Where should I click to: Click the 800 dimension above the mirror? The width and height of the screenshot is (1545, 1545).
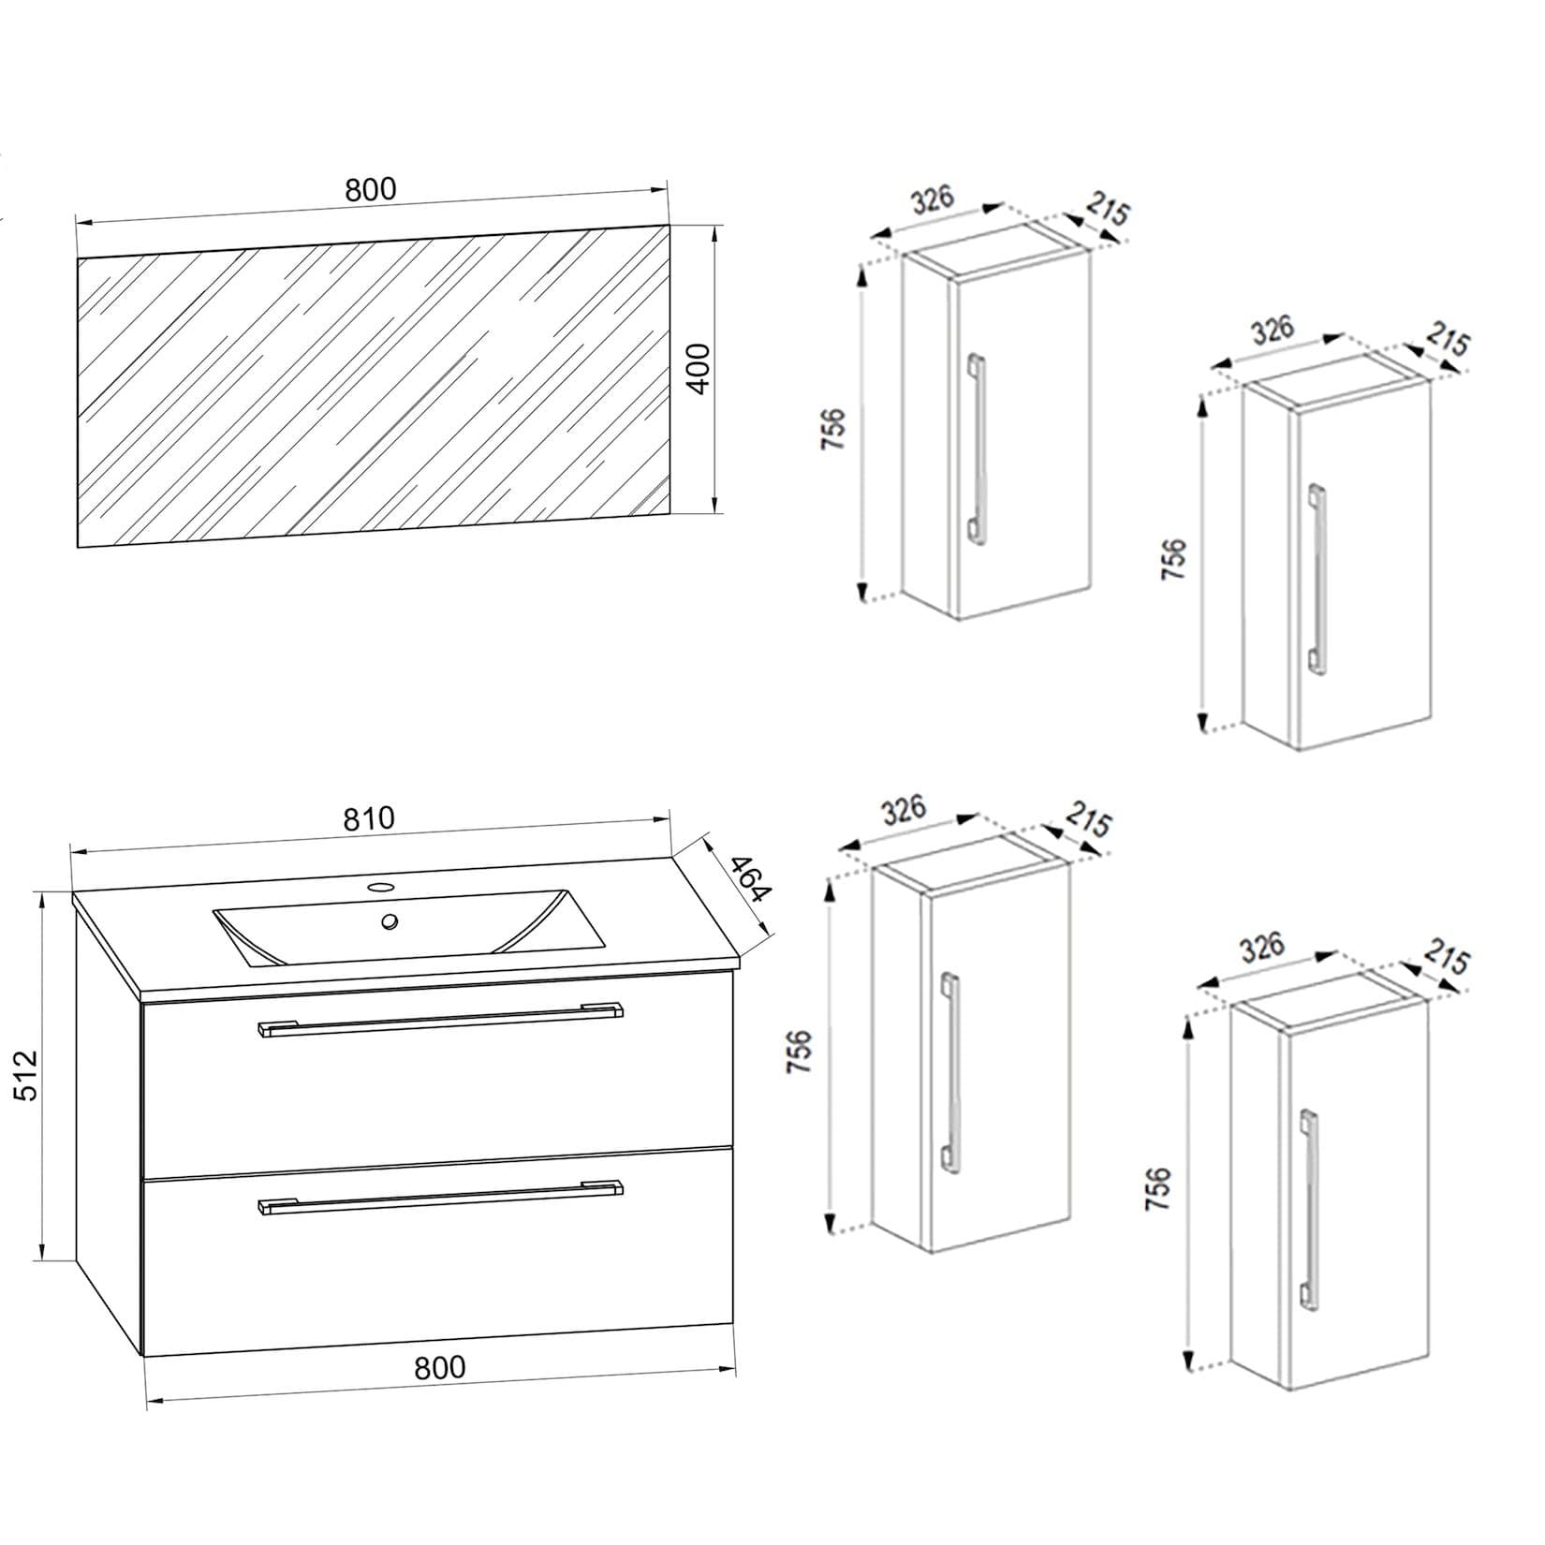(371, 189)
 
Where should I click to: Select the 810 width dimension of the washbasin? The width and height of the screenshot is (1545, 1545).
(369, 818)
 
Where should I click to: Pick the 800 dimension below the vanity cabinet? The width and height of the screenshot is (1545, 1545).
(439, 1368)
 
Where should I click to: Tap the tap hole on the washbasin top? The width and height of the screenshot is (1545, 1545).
(381, 886)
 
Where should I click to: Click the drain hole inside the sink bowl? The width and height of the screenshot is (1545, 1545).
(389, 921)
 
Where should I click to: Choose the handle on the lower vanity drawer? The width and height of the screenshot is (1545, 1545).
(440, 1197)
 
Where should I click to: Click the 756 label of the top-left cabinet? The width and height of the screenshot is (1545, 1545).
(833, 429)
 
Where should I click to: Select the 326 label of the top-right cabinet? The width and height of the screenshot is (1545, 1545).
(1273, 330)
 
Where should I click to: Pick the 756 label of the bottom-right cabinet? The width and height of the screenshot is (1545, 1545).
(1158, 1189)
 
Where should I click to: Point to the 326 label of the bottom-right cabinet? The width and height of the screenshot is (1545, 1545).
(1261, 948)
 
